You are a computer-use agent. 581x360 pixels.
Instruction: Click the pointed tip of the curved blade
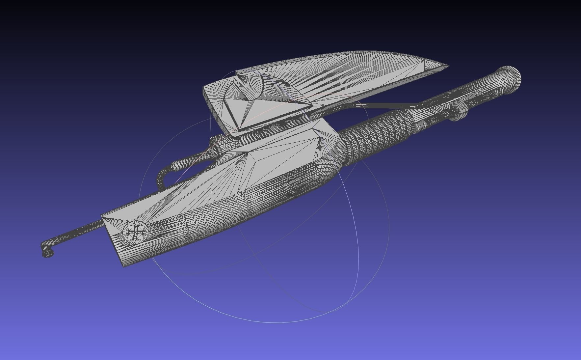(448, 66)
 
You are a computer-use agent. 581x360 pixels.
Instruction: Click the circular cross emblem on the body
(135, 232)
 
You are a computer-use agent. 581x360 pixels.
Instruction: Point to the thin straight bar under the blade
(388, 105)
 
